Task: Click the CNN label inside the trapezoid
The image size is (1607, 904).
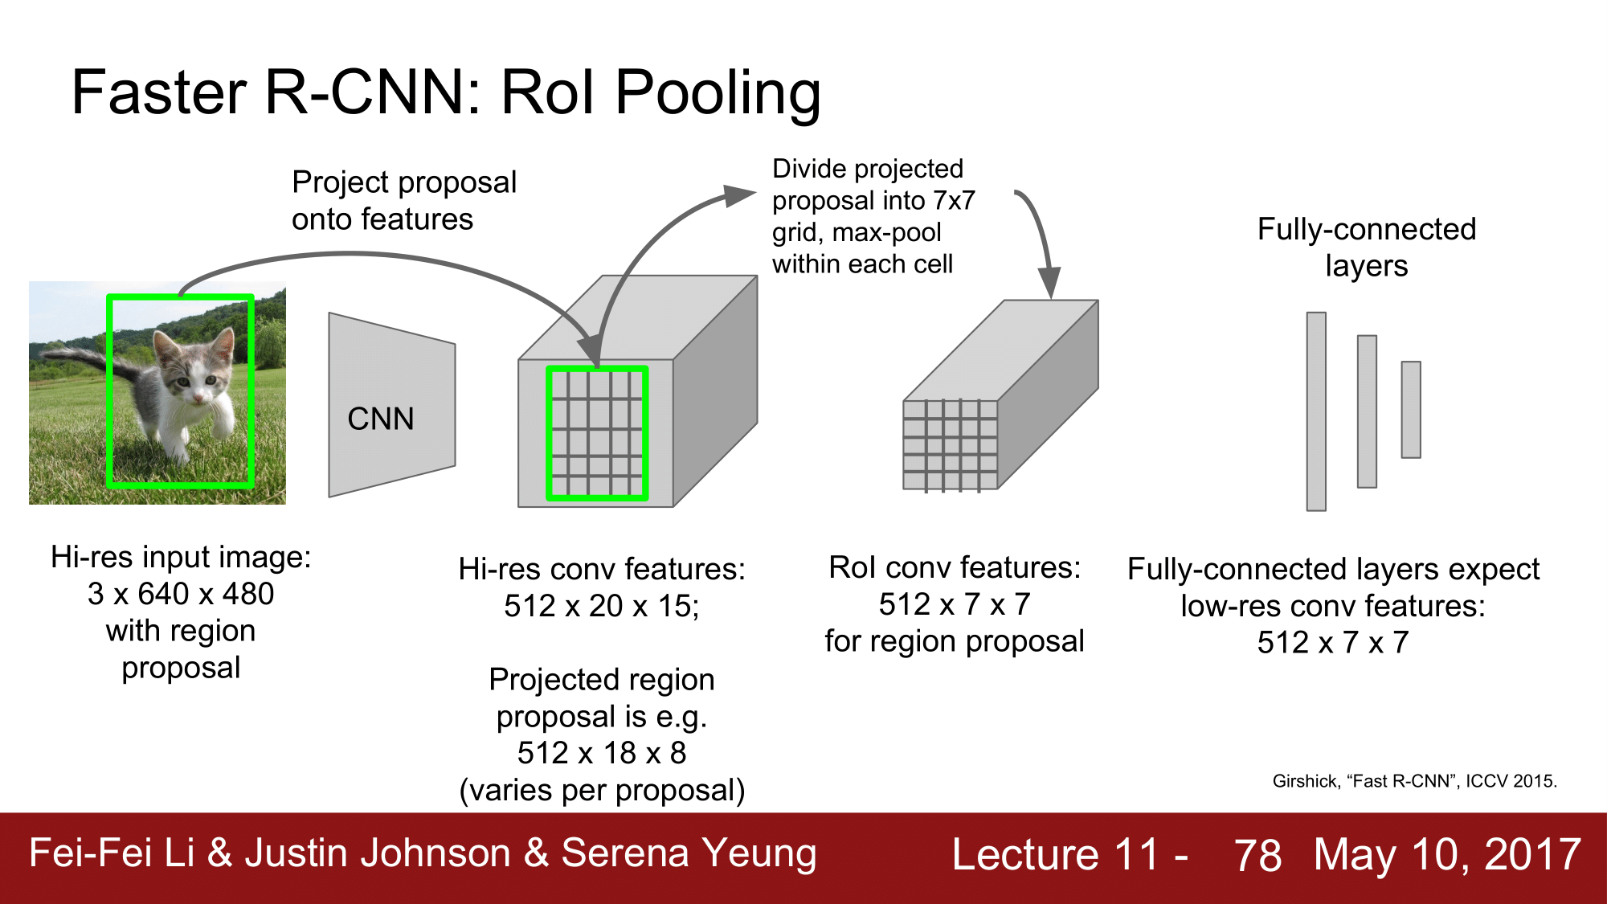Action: point(380,419)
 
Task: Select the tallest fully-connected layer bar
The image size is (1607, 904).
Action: point(1315,411)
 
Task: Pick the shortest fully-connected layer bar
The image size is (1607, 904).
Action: point(1410,409)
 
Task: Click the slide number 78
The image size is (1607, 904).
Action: point(1257,855)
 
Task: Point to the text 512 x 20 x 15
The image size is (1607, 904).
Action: point(601,606)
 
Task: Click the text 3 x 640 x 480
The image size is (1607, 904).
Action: point(181,594)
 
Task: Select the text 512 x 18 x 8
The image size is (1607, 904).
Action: point(601,753)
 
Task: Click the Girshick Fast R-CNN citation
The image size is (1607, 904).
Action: point(1414,781)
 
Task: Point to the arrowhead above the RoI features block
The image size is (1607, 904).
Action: point(1049,282)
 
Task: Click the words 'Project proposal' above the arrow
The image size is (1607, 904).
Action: point(404,182)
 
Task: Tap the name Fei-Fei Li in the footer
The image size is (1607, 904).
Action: point(112,853)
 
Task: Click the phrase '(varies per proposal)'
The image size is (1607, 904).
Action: point(602,791)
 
